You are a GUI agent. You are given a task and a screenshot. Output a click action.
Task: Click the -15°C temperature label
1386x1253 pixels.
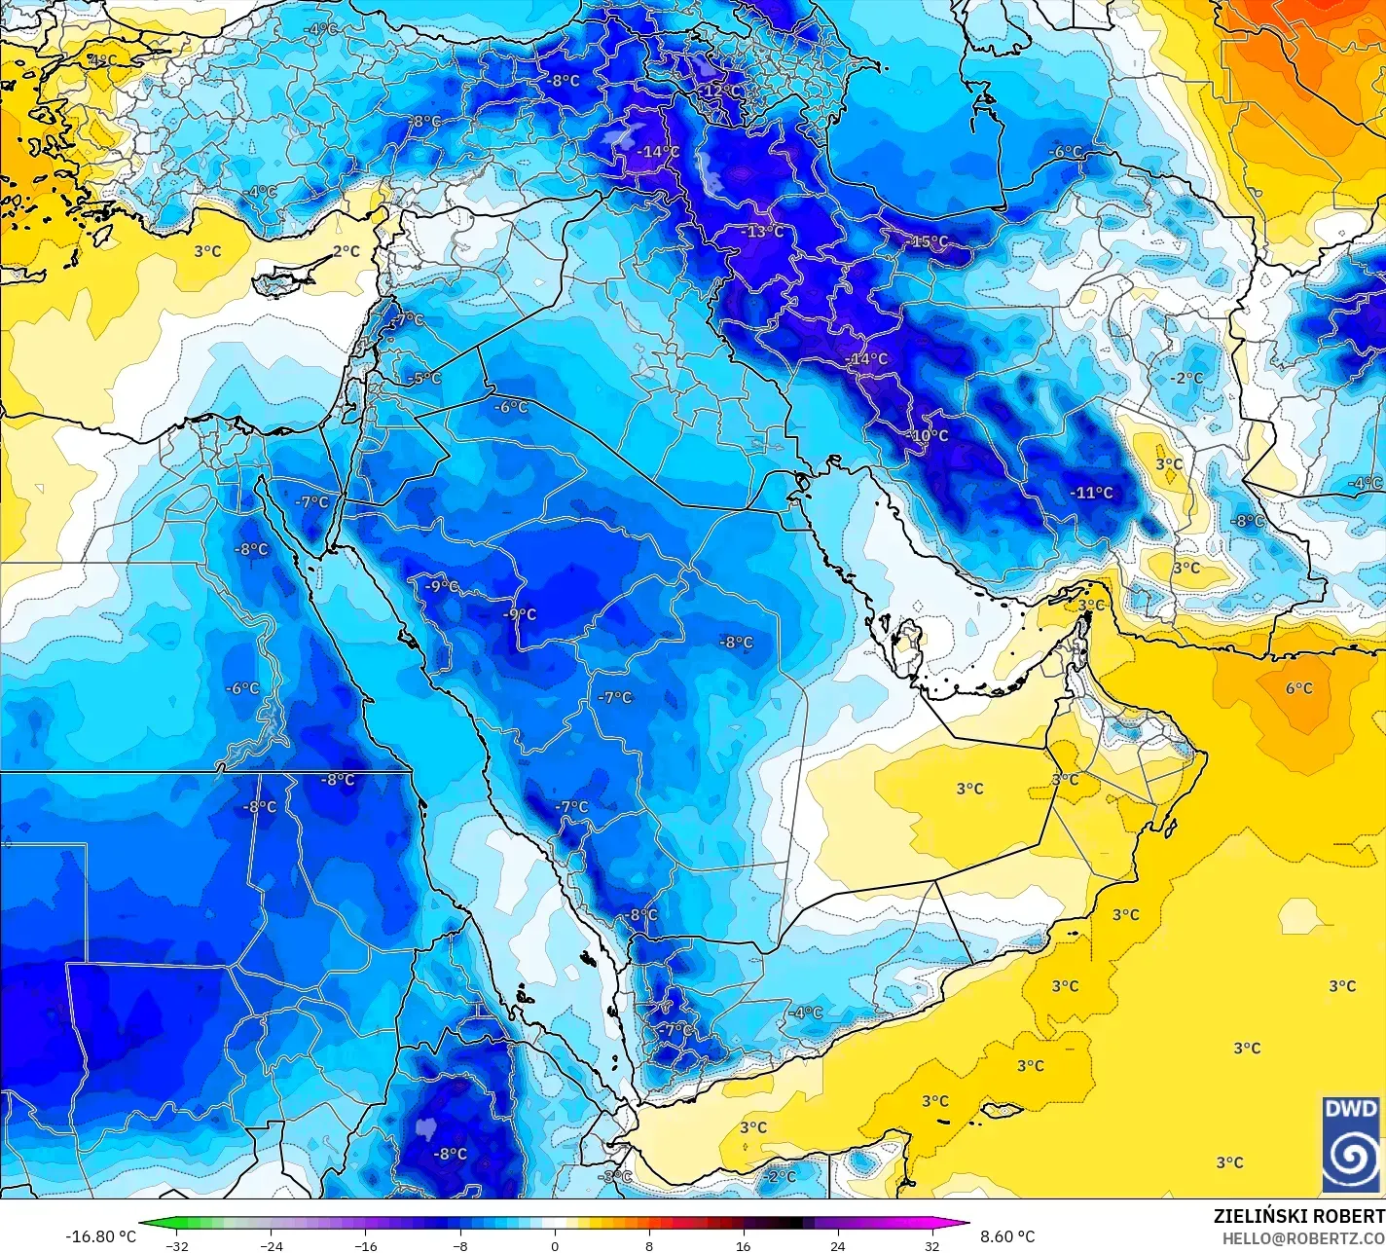pyautogui.click(x=928, y=241)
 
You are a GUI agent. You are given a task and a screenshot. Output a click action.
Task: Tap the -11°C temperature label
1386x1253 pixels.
pyautogui.click(x=1091, y=493)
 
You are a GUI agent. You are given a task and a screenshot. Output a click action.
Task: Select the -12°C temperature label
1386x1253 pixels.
pyautogui.click(x=721, y=91)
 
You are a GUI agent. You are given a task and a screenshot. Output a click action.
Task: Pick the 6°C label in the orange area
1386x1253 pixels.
pyautogui.click(x=1298, y=688)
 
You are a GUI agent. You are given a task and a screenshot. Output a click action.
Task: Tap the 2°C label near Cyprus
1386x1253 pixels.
pyautogui.click(x=346, y=251)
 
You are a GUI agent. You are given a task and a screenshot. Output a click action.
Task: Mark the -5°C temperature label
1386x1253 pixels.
pyautogui.click(x=425, y=378)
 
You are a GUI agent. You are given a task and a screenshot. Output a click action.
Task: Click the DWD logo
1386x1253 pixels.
pyautogui.click(x=1351, y=1144)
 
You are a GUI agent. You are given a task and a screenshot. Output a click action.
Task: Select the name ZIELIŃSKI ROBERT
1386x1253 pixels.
pyautogui.click(x=1298, y=1216)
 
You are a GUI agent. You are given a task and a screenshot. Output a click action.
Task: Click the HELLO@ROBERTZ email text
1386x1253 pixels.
pyautogui.click(x=1303, y=1237)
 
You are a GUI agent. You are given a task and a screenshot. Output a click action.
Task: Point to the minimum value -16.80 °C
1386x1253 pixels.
pyautogui.click(x=100, y=1236)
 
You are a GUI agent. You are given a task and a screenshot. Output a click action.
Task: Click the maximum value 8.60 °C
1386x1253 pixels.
pyautogui.click(x=1007, y=1236)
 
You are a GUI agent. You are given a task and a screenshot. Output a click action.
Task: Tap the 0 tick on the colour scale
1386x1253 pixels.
pyautogui.click(x=555, y=1246)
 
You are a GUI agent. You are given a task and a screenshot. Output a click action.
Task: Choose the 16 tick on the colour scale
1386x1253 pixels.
pyautogui.click(x=744, y=1246)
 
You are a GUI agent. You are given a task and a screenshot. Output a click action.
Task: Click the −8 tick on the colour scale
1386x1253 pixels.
pyautogui.click(x=460, y=1246)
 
